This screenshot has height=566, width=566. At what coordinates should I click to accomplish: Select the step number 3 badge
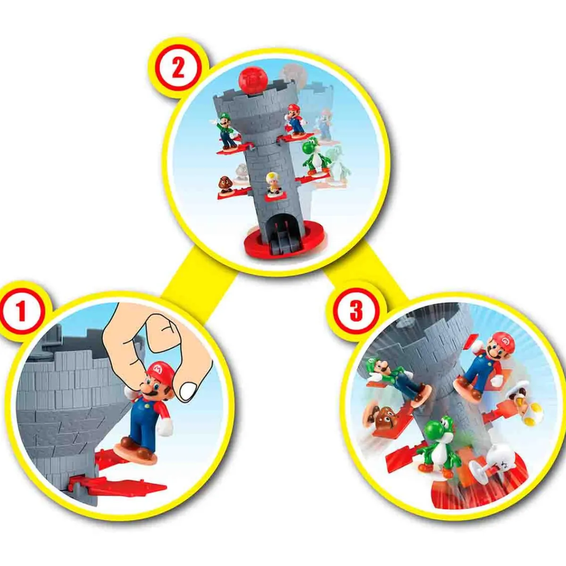[356, 311]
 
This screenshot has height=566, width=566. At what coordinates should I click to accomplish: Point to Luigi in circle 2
[224, 126]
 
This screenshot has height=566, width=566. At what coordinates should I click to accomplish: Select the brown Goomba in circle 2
[226, 184]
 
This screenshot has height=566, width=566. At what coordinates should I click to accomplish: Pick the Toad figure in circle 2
[273, 183]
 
